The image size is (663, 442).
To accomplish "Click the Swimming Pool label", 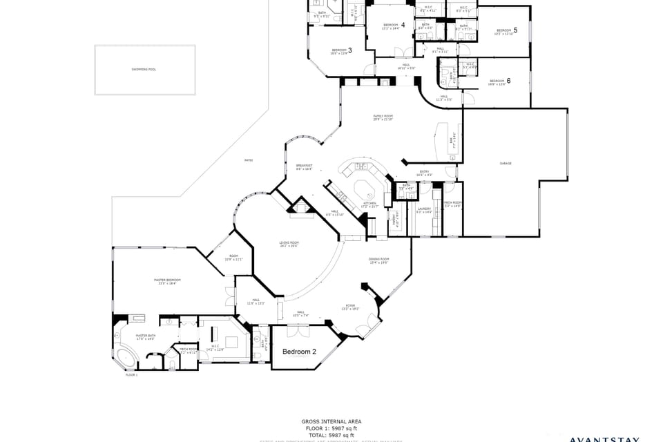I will point(144,70).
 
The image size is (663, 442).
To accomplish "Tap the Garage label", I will point(505,164).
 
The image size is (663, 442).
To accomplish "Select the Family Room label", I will point(383,117).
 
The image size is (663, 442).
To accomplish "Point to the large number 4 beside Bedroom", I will point(403,25).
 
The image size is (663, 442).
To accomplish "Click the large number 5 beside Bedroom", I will point(515,30).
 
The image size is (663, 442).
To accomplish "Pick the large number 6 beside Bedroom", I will point(508,81).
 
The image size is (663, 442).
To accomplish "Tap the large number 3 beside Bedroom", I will point(350,50).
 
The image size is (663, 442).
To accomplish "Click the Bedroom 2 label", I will point(299,352).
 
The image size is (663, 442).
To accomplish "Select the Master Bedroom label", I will point(165,280).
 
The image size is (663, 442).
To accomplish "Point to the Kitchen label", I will point(369,204).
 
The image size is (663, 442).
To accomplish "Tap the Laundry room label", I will point(424,209).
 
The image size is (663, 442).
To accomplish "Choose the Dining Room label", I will point(379,260).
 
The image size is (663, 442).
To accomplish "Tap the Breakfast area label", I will point(305,166).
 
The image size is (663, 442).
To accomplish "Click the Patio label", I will point(248,160).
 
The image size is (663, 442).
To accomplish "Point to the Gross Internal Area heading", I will point(331,421).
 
